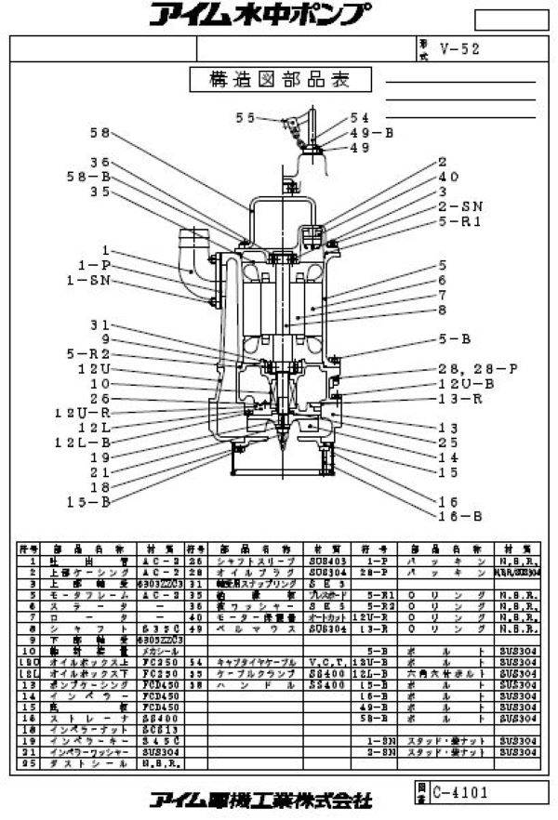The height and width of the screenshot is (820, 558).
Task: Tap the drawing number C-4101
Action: coord(459,792)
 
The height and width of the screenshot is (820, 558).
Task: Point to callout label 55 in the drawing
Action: coord(245,118)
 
